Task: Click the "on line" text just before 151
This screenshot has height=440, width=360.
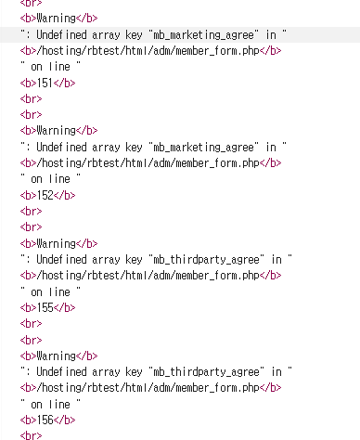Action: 51,66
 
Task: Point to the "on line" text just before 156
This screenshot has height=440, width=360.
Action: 51,404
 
